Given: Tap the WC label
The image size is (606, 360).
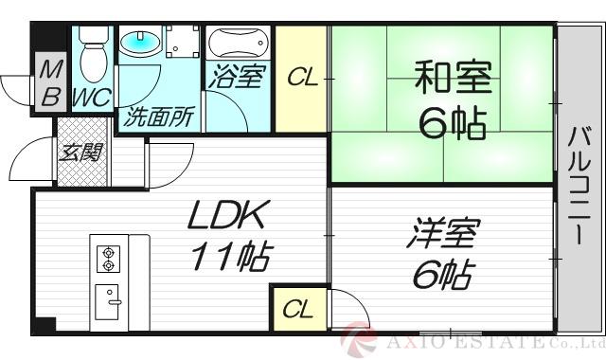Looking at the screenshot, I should pos(92,97).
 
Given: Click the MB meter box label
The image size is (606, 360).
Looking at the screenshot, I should pos(50,82).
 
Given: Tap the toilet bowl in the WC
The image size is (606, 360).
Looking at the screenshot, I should pos(92,57).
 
